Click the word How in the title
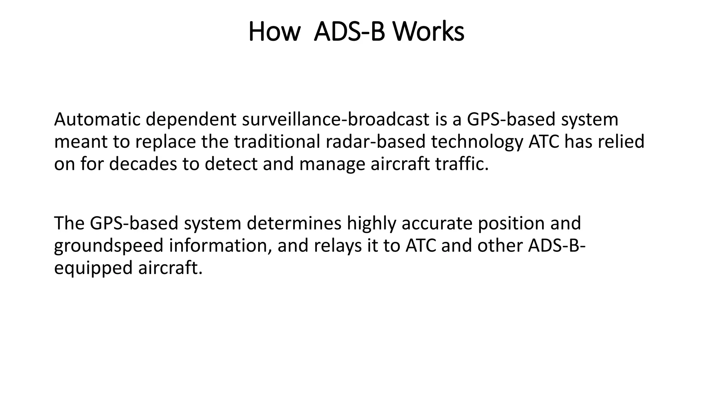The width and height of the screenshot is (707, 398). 274,32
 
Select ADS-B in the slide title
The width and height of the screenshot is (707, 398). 349,32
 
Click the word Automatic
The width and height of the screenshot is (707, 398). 97,120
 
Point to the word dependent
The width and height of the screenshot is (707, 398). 191,120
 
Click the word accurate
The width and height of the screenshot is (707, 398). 436,223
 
